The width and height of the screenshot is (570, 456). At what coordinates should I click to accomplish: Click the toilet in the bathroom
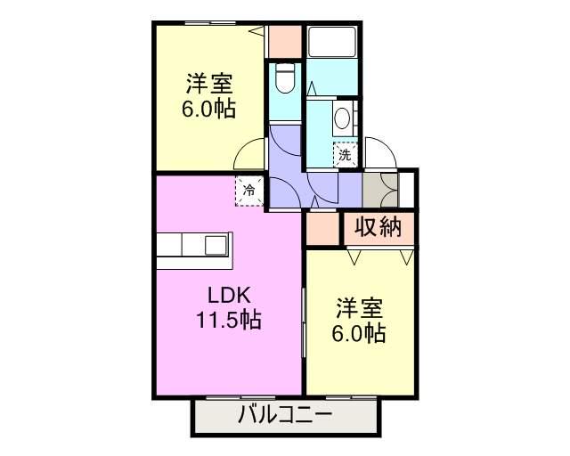(284, 77)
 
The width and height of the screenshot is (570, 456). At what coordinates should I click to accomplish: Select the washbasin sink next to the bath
(341, 118)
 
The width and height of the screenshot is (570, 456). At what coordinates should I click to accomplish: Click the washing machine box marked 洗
(346, 155)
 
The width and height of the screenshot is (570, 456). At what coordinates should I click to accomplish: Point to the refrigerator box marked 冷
(250, 190)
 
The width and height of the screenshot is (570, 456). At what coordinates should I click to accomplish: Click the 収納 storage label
(379, 227)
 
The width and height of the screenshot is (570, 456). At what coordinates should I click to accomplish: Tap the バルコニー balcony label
(285, 415)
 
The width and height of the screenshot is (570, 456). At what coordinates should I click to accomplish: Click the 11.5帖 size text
(229, 321)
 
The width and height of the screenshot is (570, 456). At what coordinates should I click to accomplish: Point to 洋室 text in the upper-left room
(209, 85)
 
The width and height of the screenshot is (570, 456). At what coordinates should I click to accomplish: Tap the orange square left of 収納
(322, 229)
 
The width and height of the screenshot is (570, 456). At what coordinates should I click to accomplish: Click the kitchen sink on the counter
(216, 244)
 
